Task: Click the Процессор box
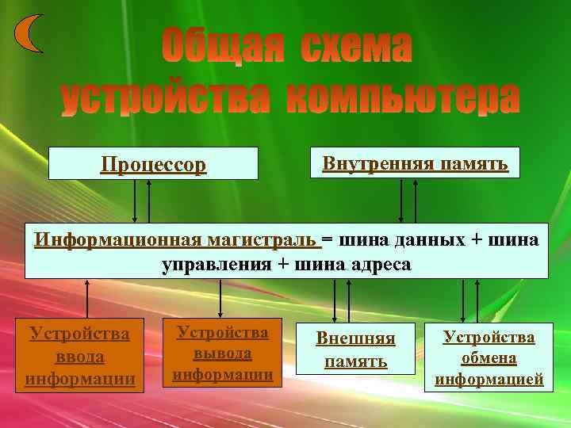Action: [153, 164]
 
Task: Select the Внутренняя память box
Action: [415, 162]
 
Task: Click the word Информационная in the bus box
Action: [119, 239]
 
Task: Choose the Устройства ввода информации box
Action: [80, 356]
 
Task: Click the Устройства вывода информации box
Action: [222, 353]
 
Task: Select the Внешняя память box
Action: [356, 350]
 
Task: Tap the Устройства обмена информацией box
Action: [489, 357]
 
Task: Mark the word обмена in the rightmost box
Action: [489, 358]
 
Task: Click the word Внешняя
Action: [356, 338]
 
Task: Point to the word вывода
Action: [223, 353]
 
